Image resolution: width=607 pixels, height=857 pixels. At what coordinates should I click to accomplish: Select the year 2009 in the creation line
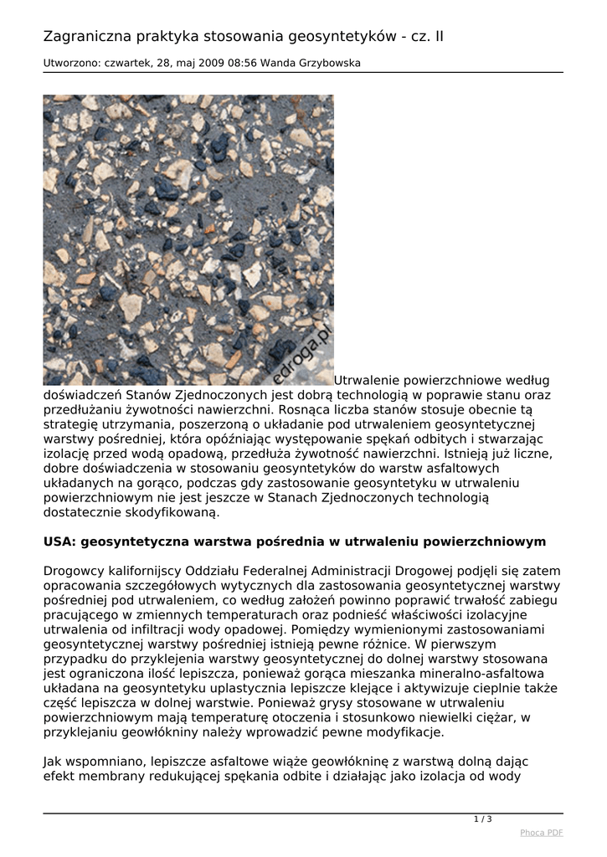point(198,64)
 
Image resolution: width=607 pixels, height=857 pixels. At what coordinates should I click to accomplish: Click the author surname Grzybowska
point(332,64)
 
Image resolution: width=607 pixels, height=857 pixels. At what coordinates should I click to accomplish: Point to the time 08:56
point(229,64)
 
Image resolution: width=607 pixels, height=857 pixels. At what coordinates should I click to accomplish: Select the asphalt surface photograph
point(188,240)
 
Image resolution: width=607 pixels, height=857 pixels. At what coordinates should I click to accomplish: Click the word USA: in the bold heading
point(60,541)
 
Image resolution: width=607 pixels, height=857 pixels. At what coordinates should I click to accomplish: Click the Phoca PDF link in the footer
point(541,832)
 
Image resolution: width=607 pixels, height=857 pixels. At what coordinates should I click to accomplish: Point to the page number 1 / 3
point(482,819)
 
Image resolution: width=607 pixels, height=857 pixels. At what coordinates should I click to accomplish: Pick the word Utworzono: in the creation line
point(73,64)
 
